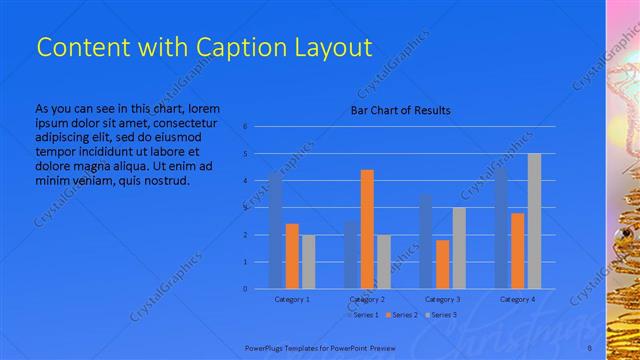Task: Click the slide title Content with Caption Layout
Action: [204, 47]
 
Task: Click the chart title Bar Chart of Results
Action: [400, 110]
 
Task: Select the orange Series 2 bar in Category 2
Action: [367, 229]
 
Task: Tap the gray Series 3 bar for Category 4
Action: [534, 221]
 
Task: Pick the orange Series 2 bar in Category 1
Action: [292, 256]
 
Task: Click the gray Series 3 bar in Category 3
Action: [459, 248]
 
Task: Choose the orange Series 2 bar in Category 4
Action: [518, 250]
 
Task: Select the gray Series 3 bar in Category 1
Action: [308, 261]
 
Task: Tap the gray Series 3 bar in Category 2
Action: [384, 261]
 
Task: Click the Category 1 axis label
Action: [292, 299]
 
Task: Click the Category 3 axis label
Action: [443, 299]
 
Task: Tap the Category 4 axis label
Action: [518, 299]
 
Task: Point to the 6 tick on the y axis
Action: [245, 127]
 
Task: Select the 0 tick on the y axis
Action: [245, 289]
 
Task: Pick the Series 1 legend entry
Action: [364, 316]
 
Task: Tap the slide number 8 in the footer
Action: [589, 346]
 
